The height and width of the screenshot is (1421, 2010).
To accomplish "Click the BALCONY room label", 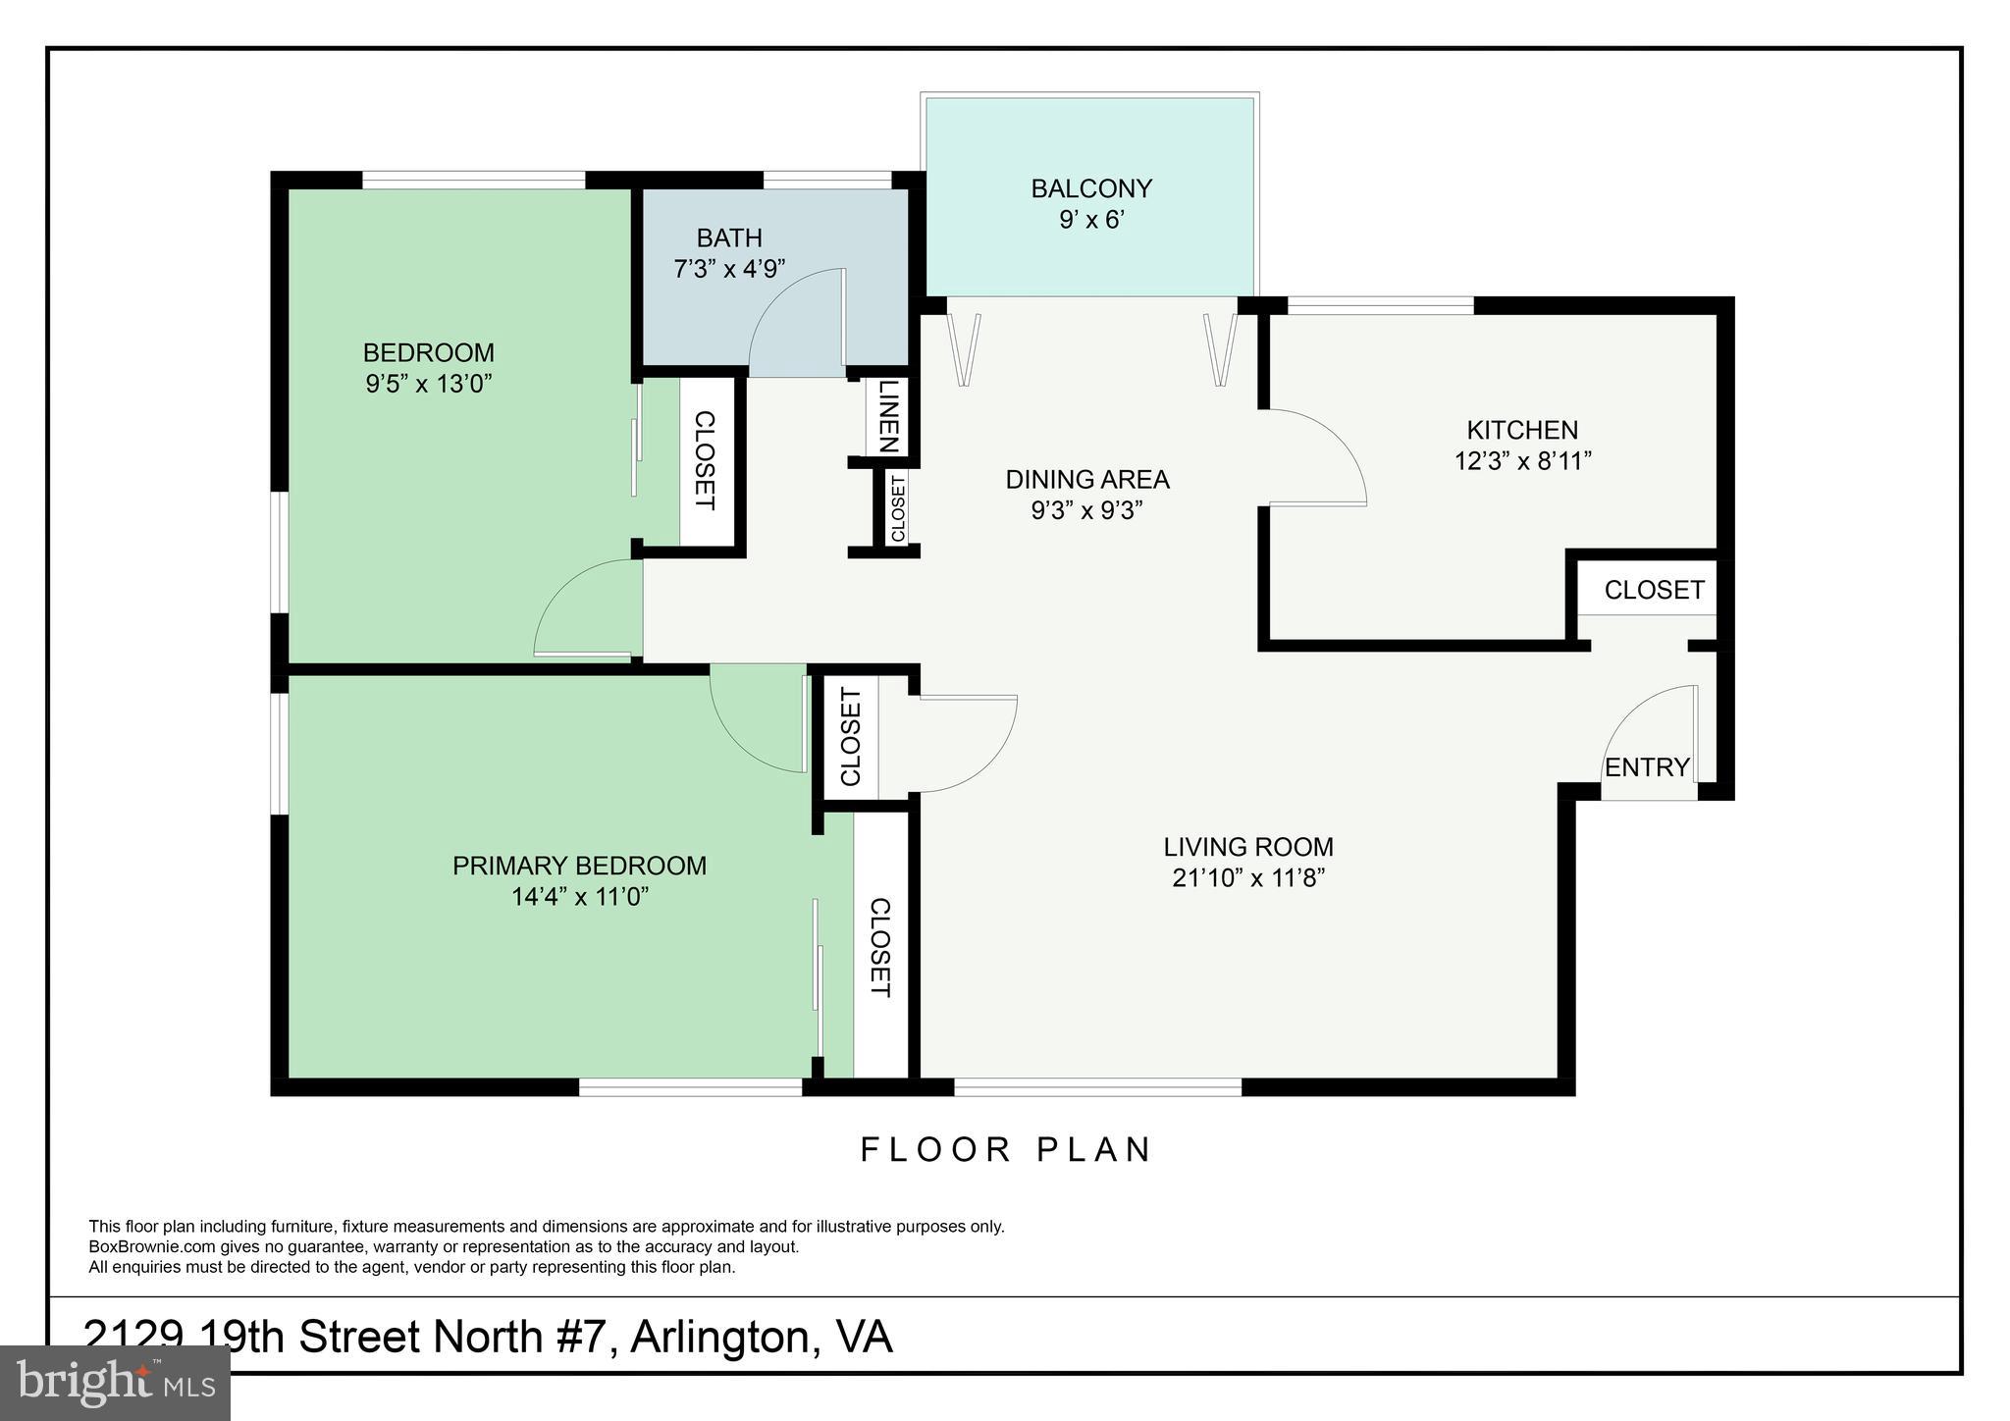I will [x=1090, y=187].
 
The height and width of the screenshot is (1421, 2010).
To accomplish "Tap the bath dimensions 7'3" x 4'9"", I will [x=729, y=269].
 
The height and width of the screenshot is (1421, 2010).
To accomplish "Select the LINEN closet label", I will [x=888, y=416].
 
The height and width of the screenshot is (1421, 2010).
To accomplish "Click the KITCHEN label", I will [x=1521, y=430].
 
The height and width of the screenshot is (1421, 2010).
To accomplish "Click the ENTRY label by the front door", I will [x=1647, y=767].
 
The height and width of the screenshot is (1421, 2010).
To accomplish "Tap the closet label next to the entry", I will [x=1654, y=590].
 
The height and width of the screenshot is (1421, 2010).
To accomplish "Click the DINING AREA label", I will [x=1087, y=480].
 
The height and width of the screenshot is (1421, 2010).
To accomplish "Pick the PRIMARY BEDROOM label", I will [x=579, y=866].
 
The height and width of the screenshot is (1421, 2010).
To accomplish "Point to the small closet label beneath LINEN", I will [x=897, y=507].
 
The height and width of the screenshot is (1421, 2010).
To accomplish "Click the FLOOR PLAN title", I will [x=1006, y=1149].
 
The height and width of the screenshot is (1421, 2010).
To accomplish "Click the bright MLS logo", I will [x=116, y=1383].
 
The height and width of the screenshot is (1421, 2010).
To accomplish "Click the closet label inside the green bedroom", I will [x=704, y=460].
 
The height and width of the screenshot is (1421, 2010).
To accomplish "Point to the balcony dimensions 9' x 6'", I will [x=1090, y=219].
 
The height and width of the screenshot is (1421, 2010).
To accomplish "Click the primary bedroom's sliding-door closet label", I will [x=879, y=947].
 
